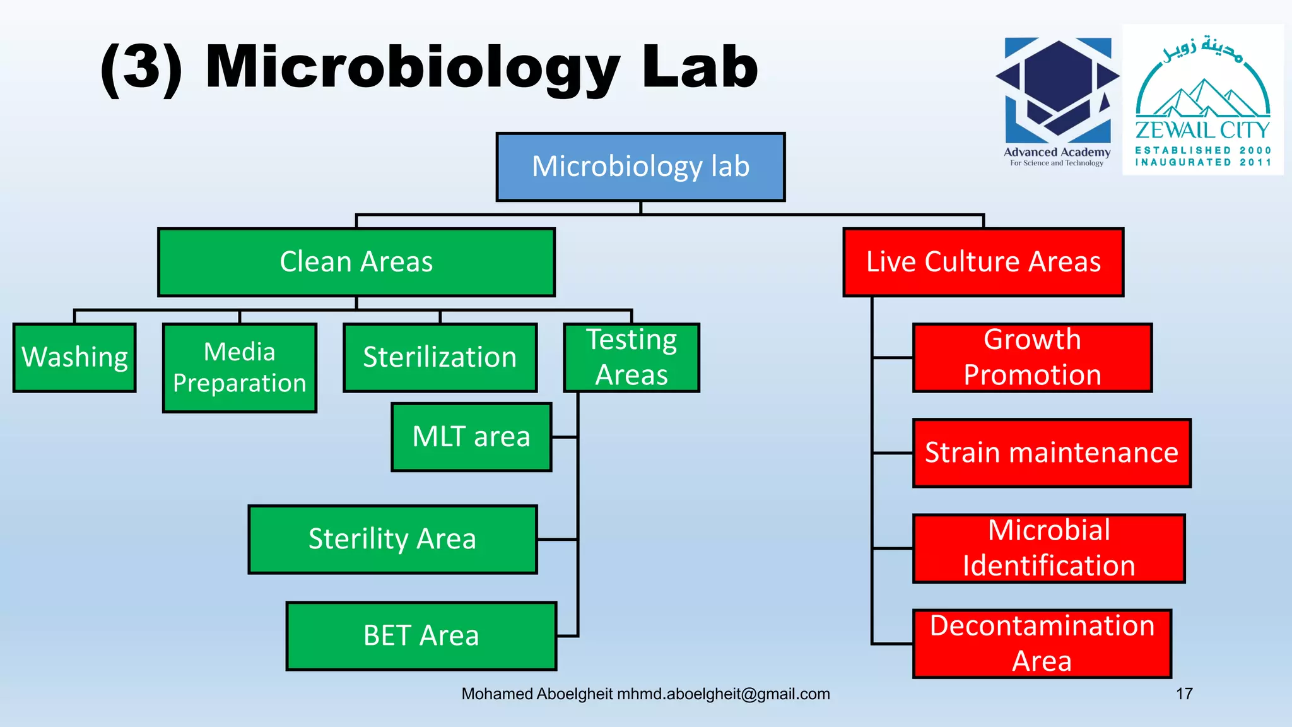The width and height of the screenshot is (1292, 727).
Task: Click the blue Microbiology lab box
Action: pyautogui.click(x=640, y=167)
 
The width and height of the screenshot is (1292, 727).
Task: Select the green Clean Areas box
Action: pyautogui.click(x=356, y=262)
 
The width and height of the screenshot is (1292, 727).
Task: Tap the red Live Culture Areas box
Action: pyautogui.click(x=983, y=262)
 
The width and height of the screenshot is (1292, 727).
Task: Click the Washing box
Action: pyautogui.click(x=74, y=357)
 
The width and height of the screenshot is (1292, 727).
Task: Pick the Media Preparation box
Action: pyautogui.click(x=240, y=367)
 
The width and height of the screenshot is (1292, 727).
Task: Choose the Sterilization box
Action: pyautogui.click(x=440, y=357)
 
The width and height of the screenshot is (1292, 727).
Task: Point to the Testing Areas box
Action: pyautogui.click(x=631, y=357)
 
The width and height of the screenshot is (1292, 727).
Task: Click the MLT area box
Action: pyautogui.click(x=471, y=437)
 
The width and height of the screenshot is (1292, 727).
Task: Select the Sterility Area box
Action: pyautogui.click(x=392, y=539)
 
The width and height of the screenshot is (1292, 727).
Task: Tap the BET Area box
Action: pyautogui.click(x=421, y=635)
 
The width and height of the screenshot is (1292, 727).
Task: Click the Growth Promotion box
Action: pyautogui.click(x=1032, y=357)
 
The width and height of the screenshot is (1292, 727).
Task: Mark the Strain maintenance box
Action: pyautogui.click(x=1052, y=452)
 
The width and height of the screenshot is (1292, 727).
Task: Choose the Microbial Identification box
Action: pyautogui.click(x=1048, y=548)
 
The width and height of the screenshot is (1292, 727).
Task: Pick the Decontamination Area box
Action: pyautogui.click(x=1042, y=643)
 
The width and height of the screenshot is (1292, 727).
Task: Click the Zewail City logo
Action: pyautogui.click(x=1202, y=100)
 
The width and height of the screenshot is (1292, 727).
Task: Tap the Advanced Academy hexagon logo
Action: pyautogui.click(x=1057, y=92)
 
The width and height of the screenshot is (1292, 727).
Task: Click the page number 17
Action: pyautogui.click(x=1184, y=694)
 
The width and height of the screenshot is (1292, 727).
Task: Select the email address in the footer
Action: pyautogui.click(x=723, y=694)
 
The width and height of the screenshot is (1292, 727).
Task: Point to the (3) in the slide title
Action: pyautogui.click(x=141, y=68)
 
